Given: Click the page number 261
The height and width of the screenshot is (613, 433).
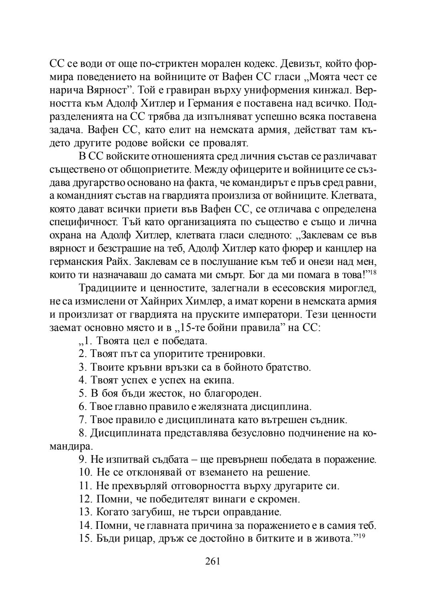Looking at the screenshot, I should click(212, 561).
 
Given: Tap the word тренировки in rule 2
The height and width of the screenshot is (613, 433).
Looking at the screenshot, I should click(235, 354).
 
